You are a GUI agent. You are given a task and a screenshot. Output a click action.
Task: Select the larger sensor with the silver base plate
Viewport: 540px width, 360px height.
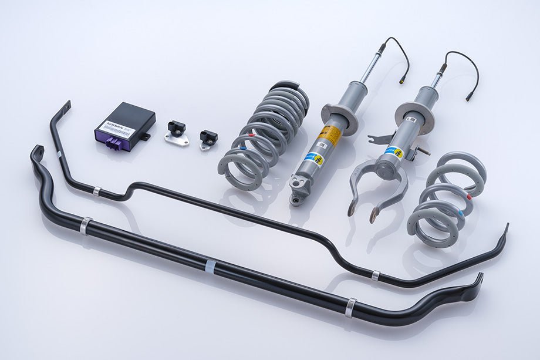[x=176, y=132]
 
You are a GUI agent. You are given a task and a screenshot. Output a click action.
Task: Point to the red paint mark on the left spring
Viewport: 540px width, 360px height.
[x=252, y=136]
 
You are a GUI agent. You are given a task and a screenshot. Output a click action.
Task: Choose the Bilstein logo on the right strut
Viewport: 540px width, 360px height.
[x=391, y=152]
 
